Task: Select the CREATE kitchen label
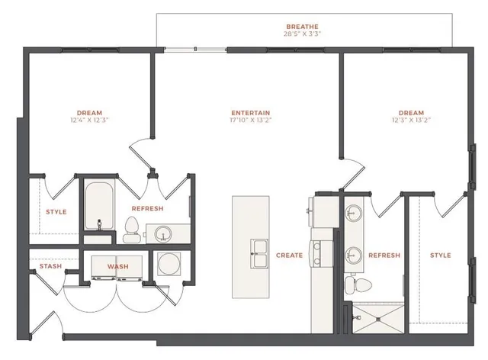(290, 256)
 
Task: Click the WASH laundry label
(117, 266)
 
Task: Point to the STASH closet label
(50, 266)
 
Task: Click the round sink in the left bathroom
(162, 231)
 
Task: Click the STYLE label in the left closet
(56, 212)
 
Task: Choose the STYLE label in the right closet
(440, 256)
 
